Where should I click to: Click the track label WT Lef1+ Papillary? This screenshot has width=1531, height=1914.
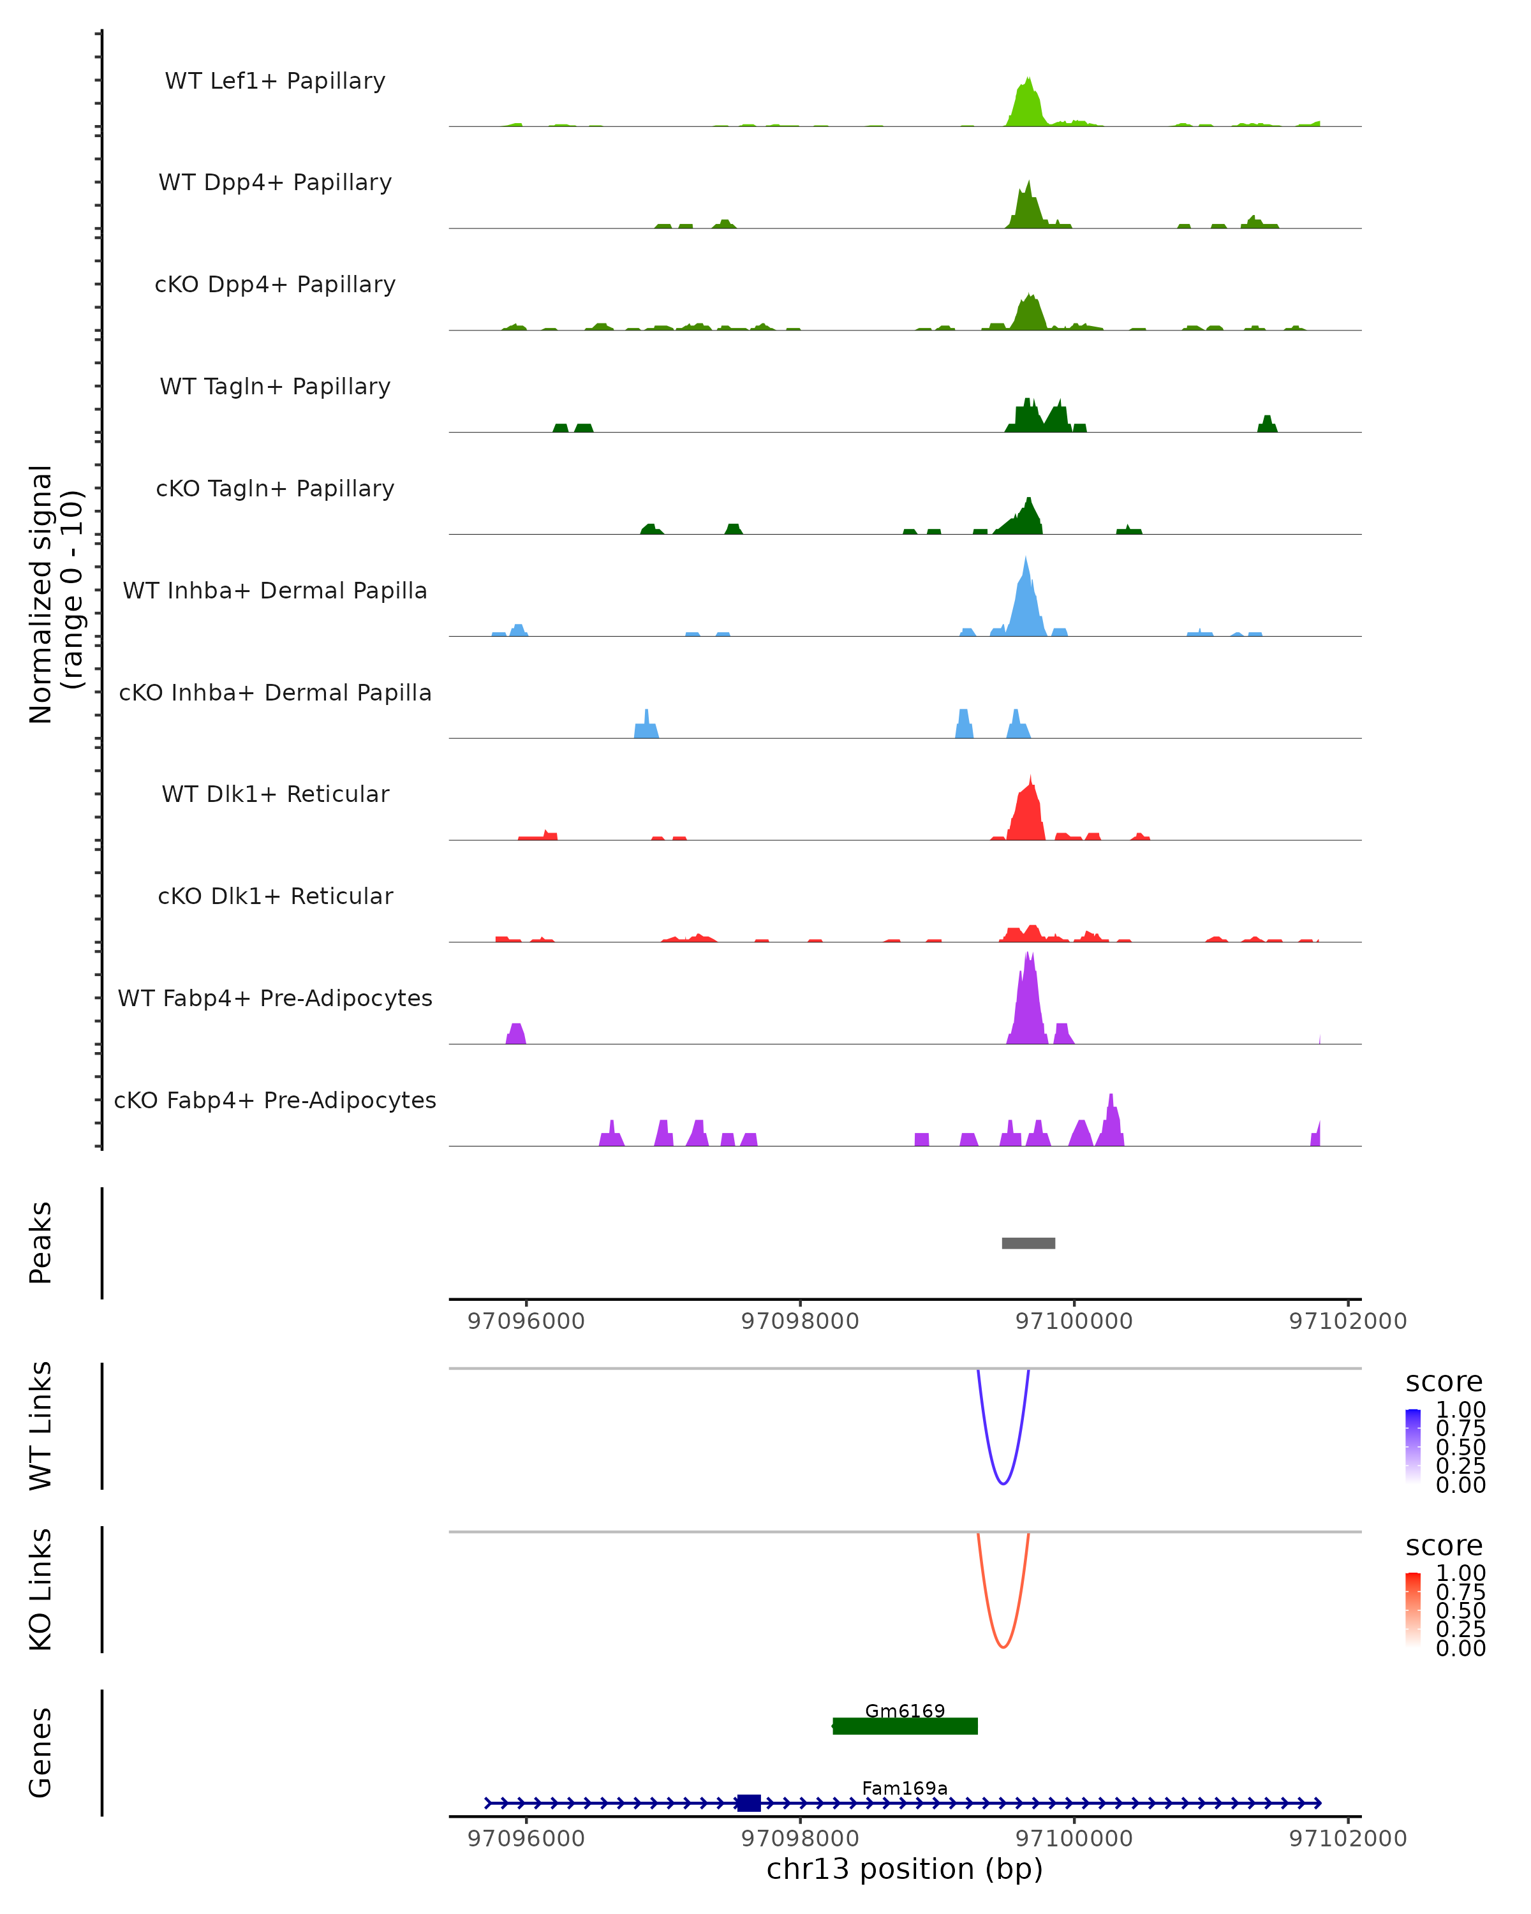pos(275,81)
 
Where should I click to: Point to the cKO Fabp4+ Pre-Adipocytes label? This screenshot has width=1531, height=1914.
pos(275,1100)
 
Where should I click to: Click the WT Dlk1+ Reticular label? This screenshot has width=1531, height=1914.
pos(275,794)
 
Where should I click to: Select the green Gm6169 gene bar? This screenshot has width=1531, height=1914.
pos(905,1726)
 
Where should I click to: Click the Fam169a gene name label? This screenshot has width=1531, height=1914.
pos(905,1788)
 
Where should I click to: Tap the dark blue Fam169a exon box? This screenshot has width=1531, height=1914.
pos(749,1803)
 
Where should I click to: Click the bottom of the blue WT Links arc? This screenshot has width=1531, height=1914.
pos(1003,1483)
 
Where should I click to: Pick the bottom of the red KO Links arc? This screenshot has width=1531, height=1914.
pos(1003,1646)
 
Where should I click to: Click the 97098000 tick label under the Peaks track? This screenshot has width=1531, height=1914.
pos(800,1321)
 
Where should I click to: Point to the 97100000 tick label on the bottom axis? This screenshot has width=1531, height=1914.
pos(1074,1837)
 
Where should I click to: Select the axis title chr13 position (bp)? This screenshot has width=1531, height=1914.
pos(905,1869)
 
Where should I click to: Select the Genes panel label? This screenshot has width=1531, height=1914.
pos(41,1753)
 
